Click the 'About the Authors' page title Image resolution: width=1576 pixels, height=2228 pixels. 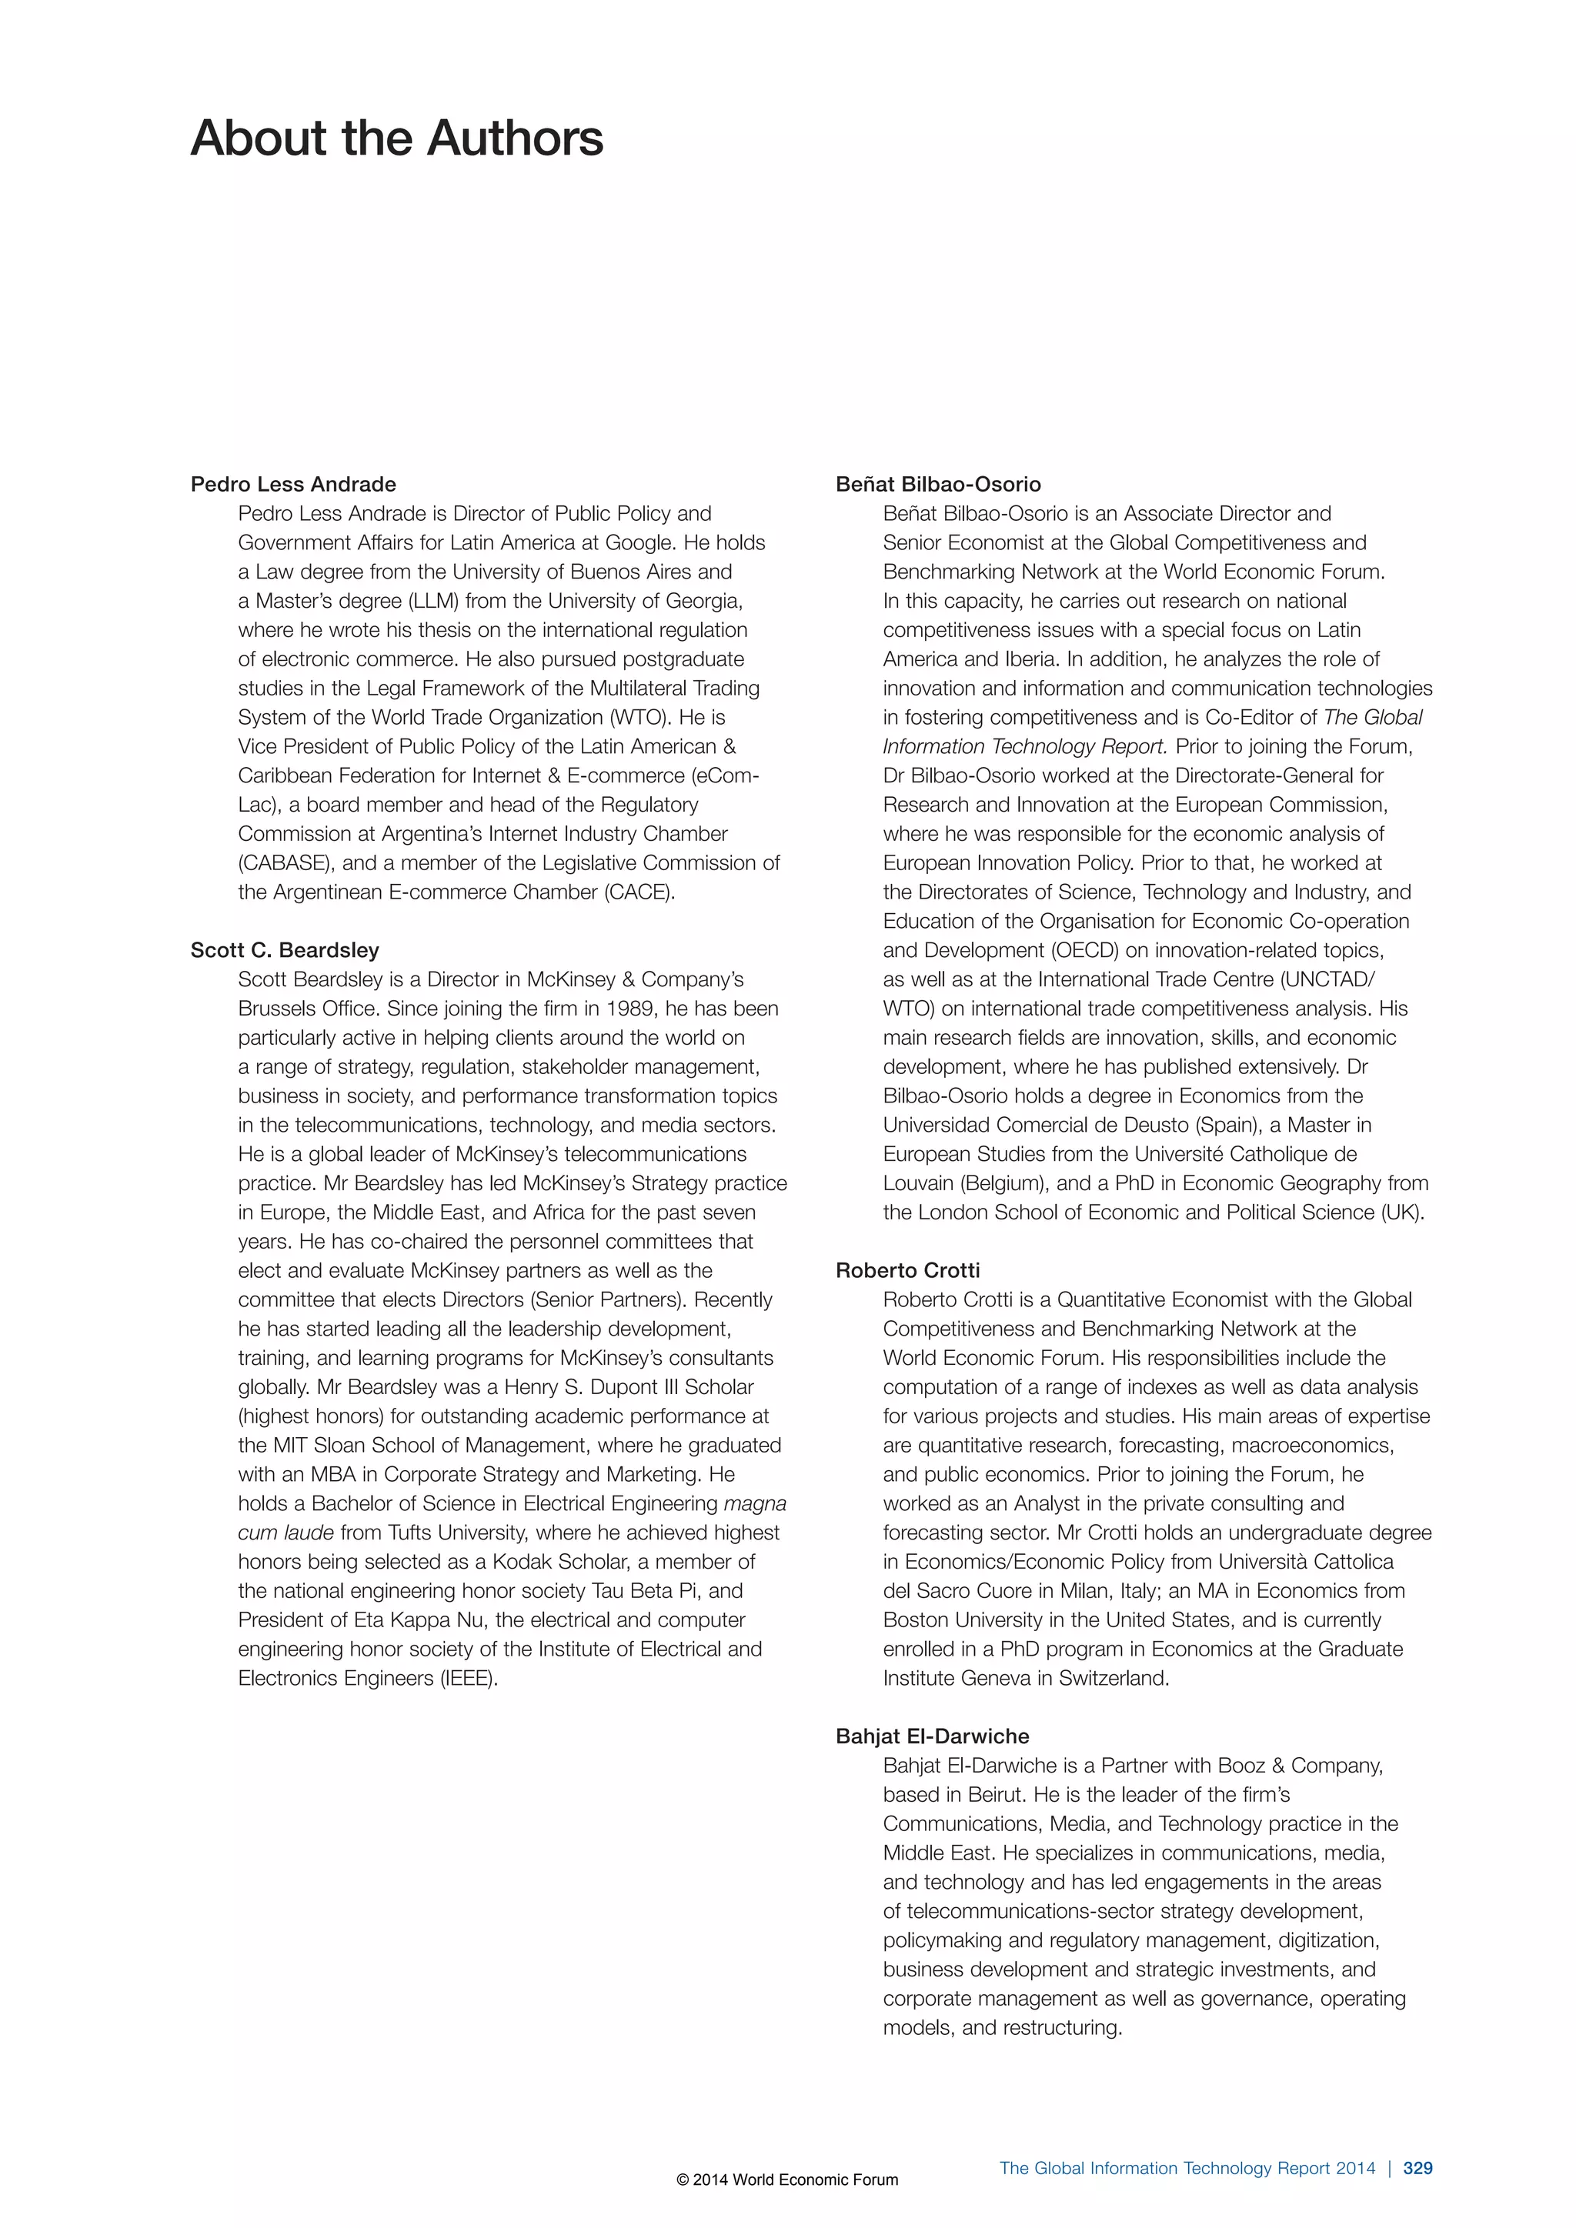coord(396,138)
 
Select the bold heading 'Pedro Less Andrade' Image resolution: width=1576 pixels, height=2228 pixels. coord(293,484)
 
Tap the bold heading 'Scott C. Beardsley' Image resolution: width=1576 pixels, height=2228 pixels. coord(284,950)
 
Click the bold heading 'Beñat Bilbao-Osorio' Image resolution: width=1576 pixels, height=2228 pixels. coord(937,484)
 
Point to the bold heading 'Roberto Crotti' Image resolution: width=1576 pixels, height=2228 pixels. coord(907,1270)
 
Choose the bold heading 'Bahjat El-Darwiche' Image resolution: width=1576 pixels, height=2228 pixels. coord(932,1736)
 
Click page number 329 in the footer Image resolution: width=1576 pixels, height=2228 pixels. coord(1417,2168)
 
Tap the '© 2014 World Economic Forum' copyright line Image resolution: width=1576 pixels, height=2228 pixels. coord(787,2180)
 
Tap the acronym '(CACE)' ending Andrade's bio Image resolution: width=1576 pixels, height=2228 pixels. coord(639,892)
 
